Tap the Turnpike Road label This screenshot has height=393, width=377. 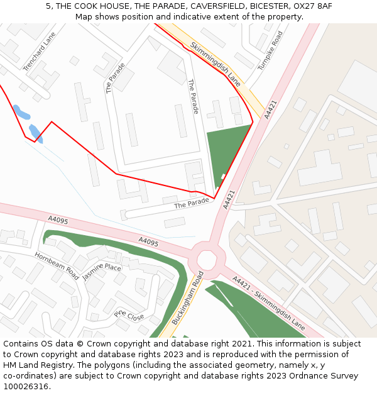point(271,50)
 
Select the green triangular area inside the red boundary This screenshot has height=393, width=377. point(225,151)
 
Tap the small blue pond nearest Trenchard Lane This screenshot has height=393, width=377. point(21,113)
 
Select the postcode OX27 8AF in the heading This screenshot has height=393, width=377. point(312,6)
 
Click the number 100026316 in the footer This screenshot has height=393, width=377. point(26,386)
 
